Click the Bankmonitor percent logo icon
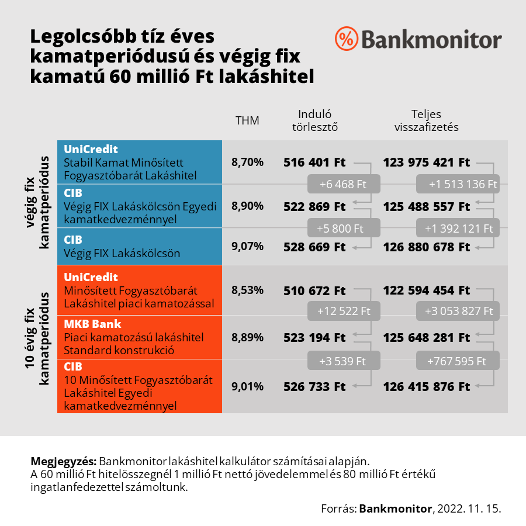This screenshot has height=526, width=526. pyautogui.click(x=346, y=39)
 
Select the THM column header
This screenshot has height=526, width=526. pyautogui.click(x=247, y=120)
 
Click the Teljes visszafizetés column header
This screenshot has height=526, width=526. pyautogui.click(x=426, y=120)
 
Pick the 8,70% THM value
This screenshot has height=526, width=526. pyautogui.click(x=247, y=162)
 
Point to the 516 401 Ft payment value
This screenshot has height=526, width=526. pyautogui.click(x=314, y=162)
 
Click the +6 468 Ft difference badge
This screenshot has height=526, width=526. pyautogui.click(x=344, y=184)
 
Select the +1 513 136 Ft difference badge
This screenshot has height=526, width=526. pyautogui.click(x=458, y=184)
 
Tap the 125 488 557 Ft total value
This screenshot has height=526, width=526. pyautogui.click(x=427, y=206)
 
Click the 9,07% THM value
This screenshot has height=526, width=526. pyautogui.click(x=247, y=247)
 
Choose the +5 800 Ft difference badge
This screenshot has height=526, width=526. pyautogui.click(x=344, y=227)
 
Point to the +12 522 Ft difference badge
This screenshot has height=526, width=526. pyautogui.click(x=344, y=312)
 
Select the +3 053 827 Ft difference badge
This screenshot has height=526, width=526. pyautogui.click(x=458, y=312)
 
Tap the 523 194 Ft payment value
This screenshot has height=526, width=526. pyautogui.click(x=314, y=338)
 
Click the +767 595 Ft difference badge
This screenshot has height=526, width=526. pyautogui.click(x=458, y=361)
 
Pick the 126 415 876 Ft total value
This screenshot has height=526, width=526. pyautogui.click(x=427, y=386)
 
